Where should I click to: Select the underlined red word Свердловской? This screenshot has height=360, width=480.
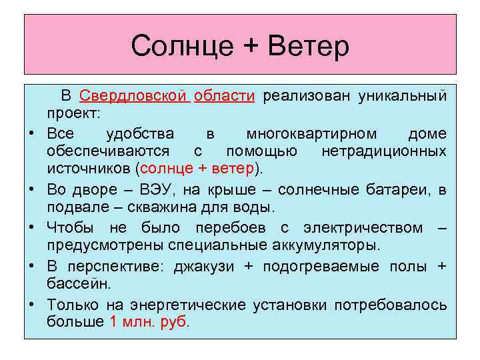pos(133,96)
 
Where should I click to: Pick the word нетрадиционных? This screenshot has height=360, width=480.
pos(383,151)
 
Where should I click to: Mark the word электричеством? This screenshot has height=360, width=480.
pos(363,228)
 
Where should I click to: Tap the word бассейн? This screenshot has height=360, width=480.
pos(75,284)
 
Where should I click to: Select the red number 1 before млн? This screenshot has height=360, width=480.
pos(111,322)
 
